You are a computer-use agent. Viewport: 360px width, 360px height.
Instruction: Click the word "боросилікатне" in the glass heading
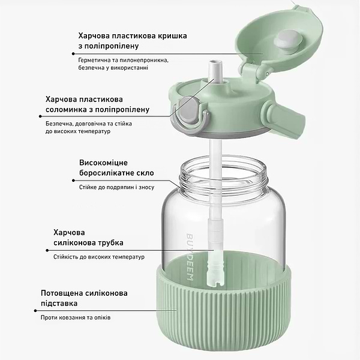coord(110,173)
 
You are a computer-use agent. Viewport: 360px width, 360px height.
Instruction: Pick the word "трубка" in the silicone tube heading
coord(109,242)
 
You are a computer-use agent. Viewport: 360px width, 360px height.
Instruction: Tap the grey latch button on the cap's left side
coord(187,114)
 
